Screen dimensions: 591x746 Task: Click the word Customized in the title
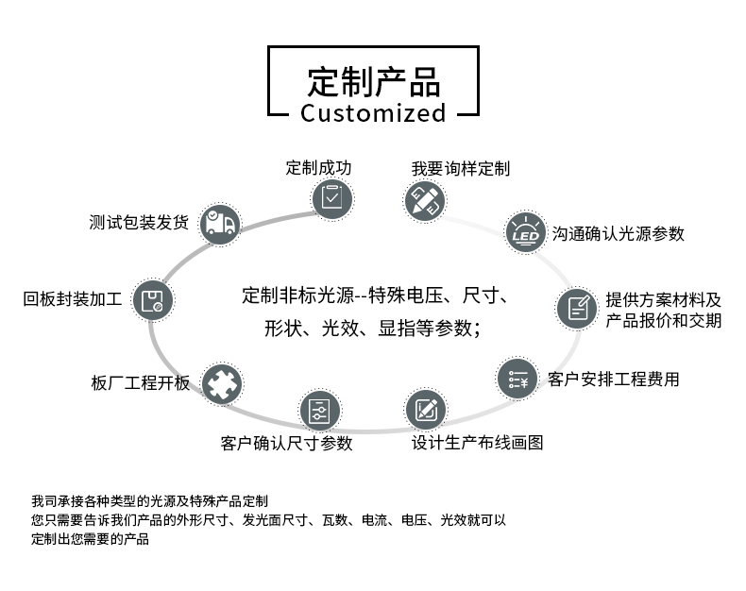pos(373,114)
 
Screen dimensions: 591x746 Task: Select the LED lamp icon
pos(524,232)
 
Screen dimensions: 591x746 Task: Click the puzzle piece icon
pos(221,383)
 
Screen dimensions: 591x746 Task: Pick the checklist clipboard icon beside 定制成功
pos(331,198)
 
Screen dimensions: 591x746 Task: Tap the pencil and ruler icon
pos(425,200)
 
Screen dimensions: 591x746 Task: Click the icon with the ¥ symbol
pos(517,379)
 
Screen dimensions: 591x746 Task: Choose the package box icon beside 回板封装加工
pos(152,300)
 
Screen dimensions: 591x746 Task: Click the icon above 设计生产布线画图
pos(426,410)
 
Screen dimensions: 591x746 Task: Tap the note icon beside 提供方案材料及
pos(576,308)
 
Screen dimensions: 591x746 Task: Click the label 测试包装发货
pos(139,224)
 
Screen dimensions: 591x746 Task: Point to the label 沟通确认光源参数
pos(619,233)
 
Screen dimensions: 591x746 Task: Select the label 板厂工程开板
pos(141,383)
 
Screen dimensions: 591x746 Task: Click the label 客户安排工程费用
pos(613,380)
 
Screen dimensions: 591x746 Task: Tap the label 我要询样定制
pos(460,169)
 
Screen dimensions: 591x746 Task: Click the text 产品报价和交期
pos(664,321)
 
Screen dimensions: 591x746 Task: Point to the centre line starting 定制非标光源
pos(375,295)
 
